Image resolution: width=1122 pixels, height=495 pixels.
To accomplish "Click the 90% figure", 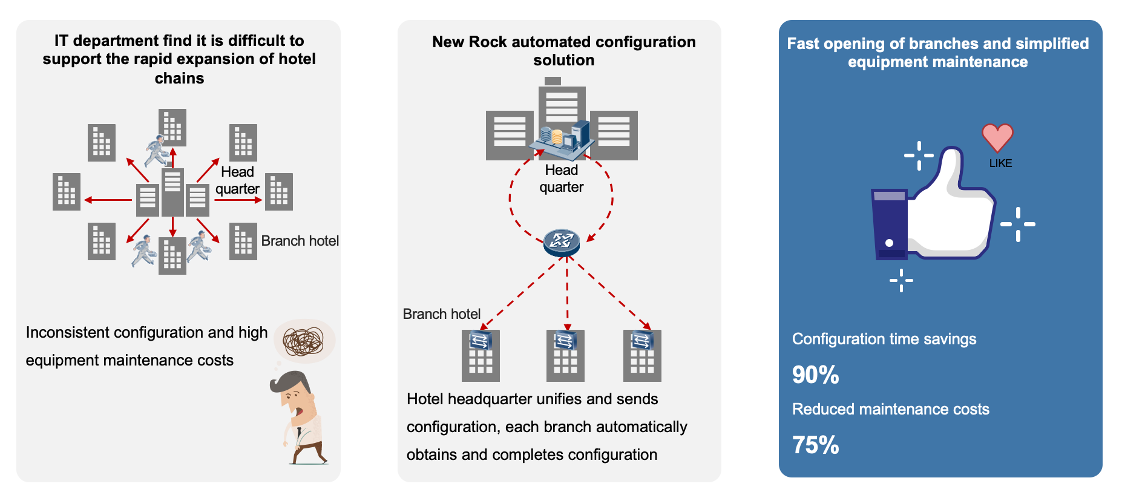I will tap(815, 375).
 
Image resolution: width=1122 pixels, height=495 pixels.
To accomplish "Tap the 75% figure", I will tap(815, 445).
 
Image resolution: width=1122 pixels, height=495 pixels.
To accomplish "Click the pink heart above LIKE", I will tap(997, 137).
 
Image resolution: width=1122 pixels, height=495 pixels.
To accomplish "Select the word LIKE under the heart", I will tap(1000, 163).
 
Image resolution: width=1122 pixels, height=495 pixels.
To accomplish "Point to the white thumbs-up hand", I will tap(950, 212).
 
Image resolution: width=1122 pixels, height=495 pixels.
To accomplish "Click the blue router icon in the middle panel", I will tap(562, 241).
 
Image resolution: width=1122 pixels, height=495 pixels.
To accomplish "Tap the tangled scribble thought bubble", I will tap(304, 341).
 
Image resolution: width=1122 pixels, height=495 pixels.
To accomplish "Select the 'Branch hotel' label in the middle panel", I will tap(441, 314).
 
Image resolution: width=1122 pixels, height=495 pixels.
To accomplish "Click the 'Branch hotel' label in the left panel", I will tap(300, 241).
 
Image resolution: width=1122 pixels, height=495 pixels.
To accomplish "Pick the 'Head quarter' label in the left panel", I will tap(237, 180).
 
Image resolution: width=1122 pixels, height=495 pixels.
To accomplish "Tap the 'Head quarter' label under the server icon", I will tap(562, 179).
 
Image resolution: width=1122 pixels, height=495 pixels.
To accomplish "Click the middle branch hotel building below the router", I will tap(565, 356).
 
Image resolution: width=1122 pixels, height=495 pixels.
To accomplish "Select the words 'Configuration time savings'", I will tap(884, 339).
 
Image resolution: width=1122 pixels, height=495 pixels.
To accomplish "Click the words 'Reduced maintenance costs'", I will tap(890, 409).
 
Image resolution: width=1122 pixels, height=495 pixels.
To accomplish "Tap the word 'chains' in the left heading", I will tap(179, 78).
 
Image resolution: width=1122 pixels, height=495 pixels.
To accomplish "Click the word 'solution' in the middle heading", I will tap(563, 60).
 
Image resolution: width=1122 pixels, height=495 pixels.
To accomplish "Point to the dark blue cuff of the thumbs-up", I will tap(890, 224).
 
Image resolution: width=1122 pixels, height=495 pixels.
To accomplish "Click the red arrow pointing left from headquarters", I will tap(108, 200).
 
